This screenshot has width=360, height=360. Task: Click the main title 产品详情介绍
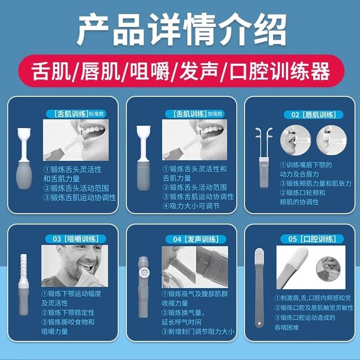[181, 30]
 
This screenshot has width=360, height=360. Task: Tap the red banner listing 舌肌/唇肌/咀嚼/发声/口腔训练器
[181, 71]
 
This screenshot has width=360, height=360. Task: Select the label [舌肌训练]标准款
[76, 114]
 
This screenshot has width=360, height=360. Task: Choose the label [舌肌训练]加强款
[195, 114]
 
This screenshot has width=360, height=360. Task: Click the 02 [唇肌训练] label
[313, 115]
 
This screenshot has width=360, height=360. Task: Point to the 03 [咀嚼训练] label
[76, 239]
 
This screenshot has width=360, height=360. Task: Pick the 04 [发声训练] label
[196, 240]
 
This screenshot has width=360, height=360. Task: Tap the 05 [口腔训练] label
[312, 239]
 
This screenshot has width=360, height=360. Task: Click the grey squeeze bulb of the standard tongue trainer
[24, 175]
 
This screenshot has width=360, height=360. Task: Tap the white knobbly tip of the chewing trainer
[24, 267]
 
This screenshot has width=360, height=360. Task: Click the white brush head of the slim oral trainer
[259, 255]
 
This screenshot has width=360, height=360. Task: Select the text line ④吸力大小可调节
[191, 206]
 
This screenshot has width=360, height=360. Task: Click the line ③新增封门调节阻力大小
[198, 331]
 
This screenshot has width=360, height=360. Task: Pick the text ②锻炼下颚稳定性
[68, 312]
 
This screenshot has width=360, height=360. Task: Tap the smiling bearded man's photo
[75, 266]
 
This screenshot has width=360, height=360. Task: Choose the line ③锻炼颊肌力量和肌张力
[316, 183]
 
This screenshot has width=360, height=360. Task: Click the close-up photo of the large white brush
[310, 267]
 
